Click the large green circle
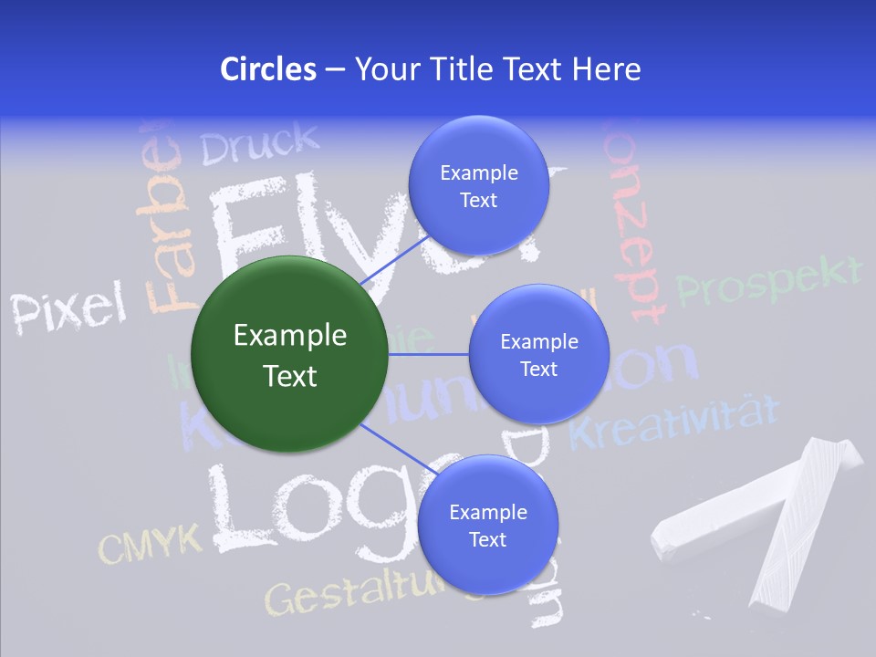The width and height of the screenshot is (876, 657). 289,354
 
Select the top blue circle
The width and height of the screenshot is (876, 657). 478,186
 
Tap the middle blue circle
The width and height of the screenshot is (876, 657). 538,354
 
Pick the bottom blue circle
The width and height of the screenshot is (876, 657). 487,525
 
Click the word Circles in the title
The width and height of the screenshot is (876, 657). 267,69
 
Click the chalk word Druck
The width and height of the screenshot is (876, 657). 260,143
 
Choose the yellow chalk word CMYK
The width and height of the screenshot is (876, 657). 150,545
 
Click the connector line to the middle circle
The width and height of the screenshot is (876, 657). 428,354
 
